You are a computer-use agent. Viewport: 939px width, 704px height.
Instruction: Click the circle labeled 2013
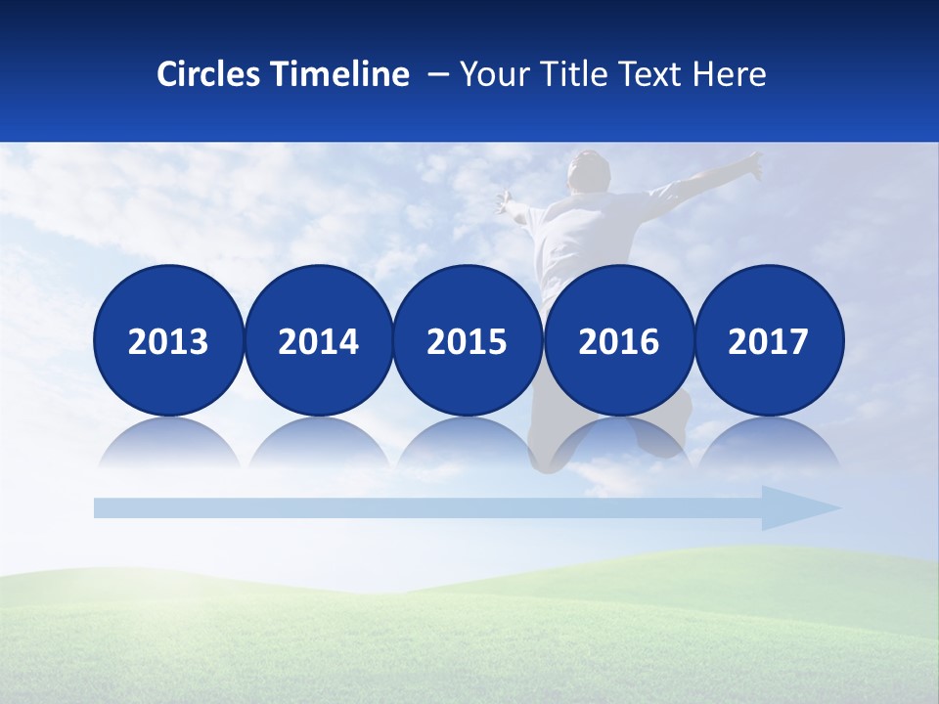[x=168, y=341]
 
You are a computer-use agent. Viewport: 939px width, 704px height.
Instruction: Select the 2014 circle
[x=318, y=341]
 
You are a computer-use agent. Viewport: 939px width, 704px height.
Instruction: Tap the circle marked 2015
[x=468, y=341]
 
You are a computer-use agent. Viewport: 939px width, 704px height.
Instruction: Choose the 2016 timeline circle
[x=618, y=341]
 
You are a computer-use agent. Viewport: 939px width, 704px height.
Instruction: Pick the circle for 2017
[x=769, y=341]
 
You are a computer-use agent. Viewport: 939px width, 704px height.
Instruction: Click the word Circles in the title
[x=207, y=74]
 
